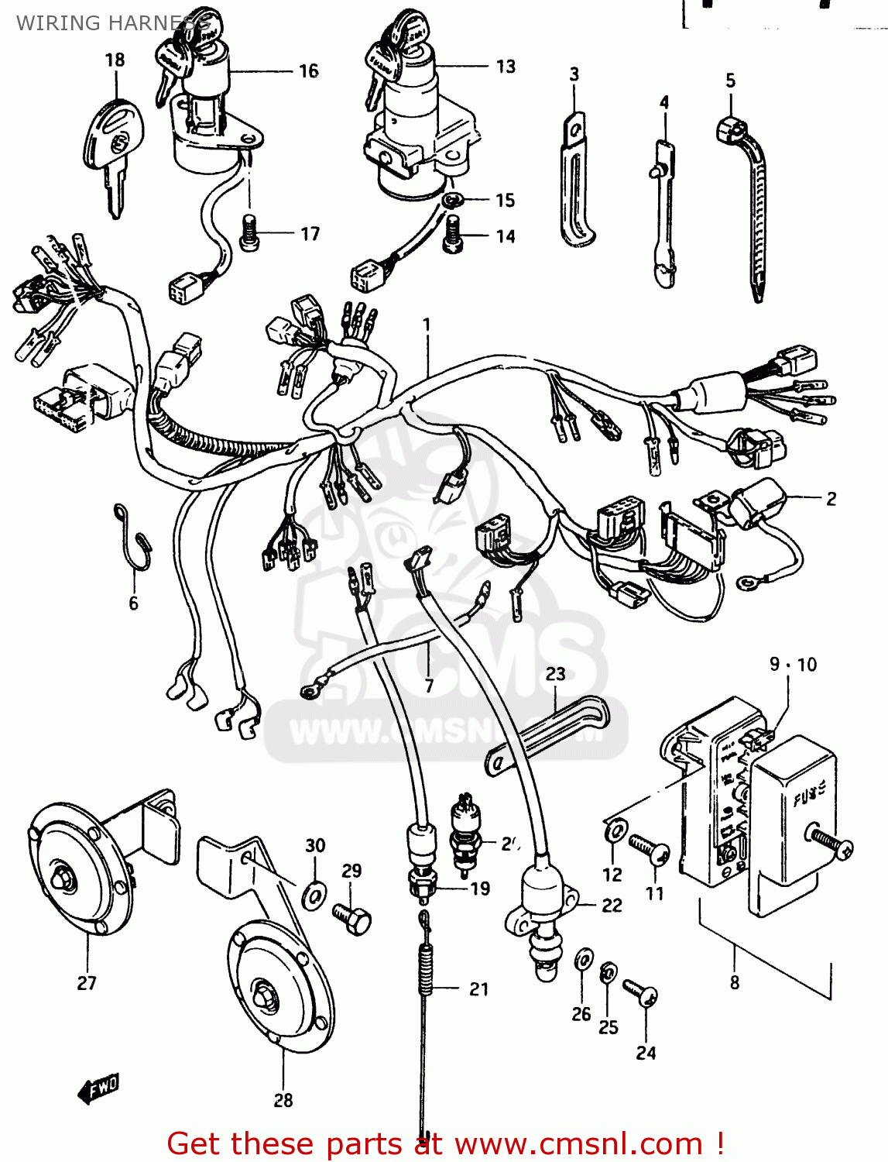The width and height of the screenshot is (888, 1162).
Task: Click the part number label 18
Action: (x=115, y=60)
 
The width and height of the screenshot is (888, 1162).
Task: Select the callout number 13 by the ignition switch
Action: (x=506, y=67)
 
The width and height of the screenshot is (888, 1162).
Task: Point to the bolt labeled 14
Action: (x=454, y=235)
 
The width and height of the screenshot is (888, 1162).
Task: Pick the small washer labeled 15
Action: (x=451, y=201)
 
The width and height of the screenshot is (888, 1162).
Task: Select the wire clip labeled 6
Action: (x=136, y=542)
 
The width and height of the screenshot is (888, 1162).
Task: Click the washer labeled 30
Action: (x=314, y=894)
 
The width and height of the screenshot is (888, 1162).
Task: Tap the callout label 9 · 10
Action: (x=793, y=665)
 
